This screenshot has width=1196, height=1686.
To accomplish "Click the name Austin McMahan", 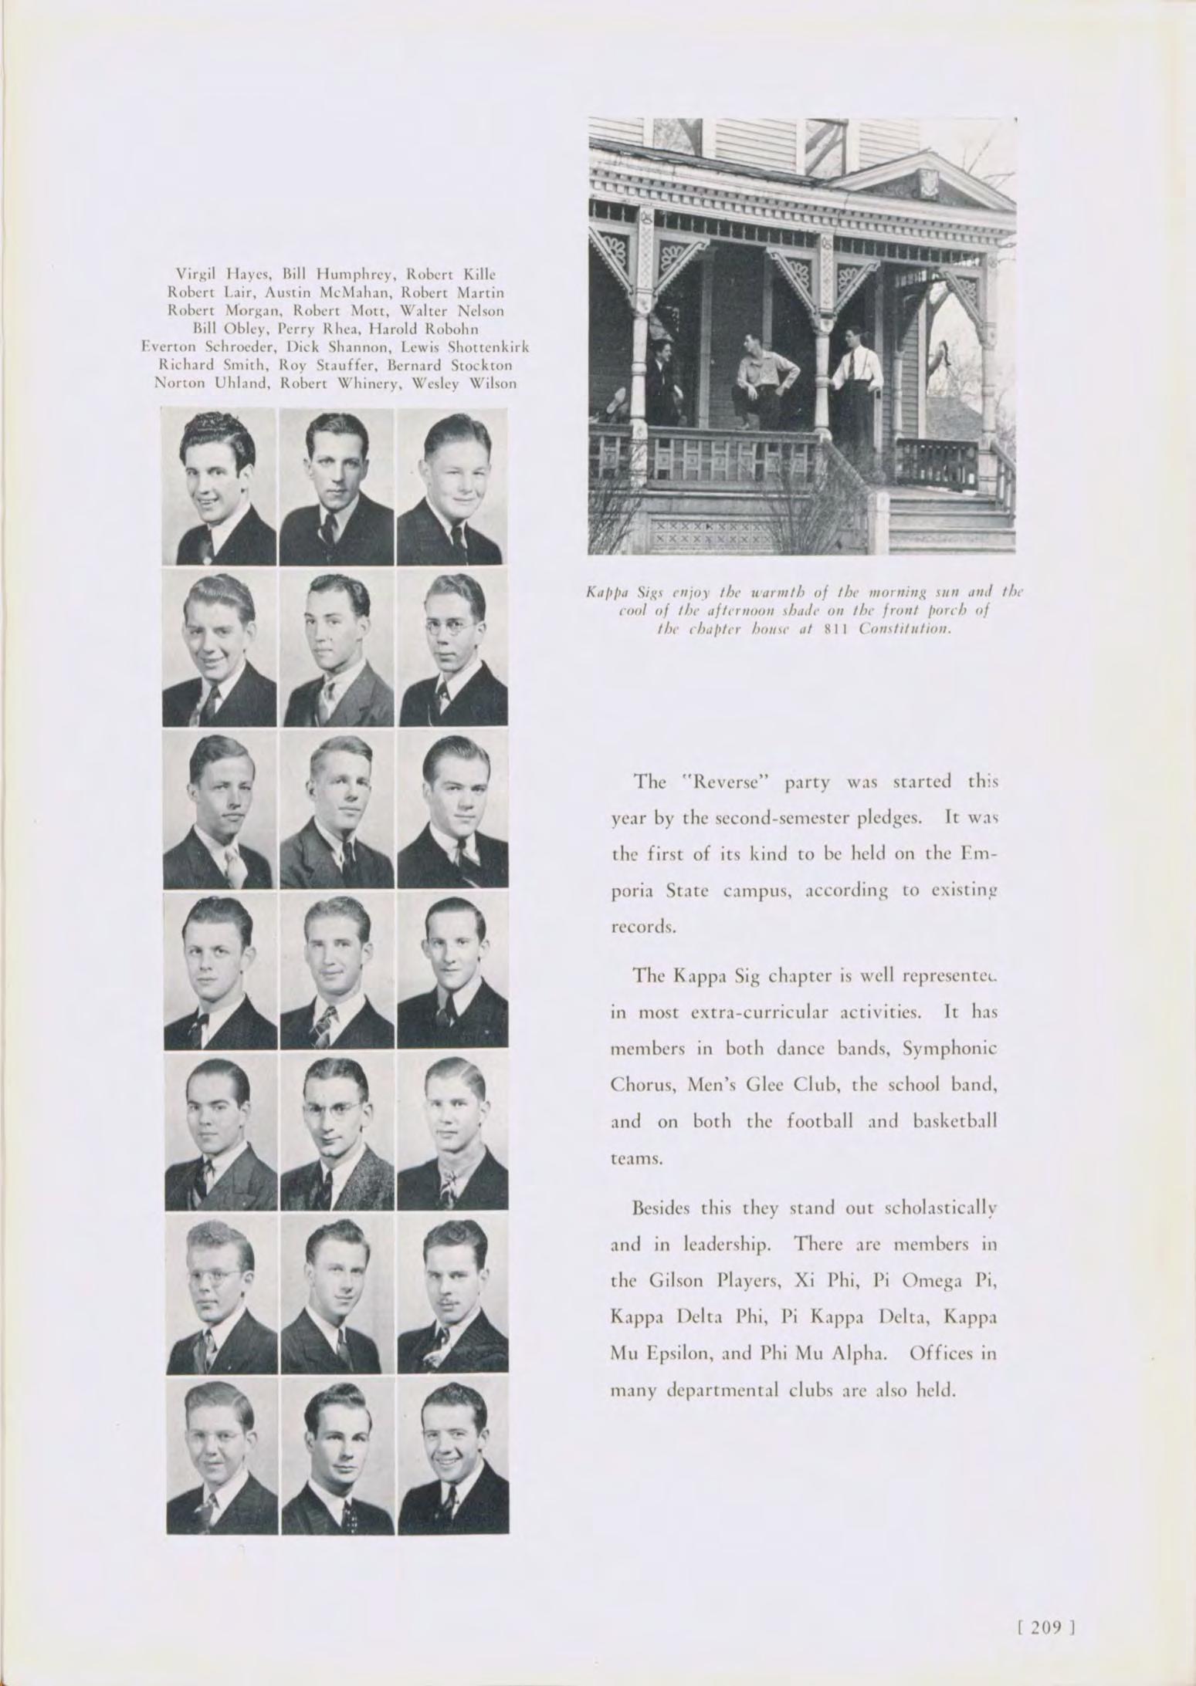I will (313, 292).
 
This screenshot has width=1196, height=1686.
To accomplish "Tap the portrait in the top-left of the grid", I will (219, 487).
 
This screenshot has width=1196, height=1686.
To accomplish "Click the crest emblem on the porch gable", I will (927, 183).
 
